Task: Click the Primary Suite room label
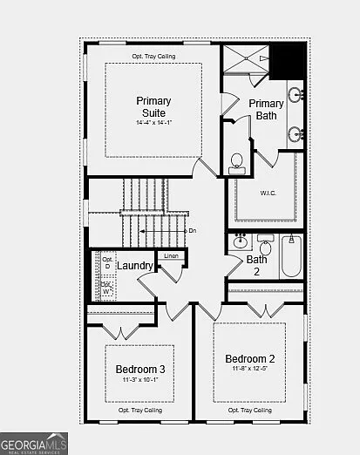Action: click(153, 106)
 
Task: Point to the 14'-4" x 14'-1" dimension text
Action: click(153, 123)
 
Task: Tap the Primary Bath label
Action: click(266, 110)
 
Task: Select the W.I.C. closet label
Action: click(268, 193)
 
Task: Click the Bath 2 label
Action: click(257, 265)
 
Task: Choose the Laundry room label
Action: click(135, 265)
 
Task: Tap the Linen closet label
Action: click(171, 256)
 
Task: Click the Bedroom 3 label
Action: click(140, 370)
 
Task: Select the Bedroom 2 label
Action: click(249, 358)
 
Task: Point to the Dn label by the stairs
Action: click(193, 230)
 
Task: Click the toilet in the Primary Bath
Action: click(236, 161)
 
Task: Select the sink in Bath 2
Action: click(239, 242)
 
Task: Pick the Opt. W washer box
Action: click(106, 287)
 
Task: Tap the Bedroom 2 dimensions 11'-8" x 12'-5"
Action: click(249, 370)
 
